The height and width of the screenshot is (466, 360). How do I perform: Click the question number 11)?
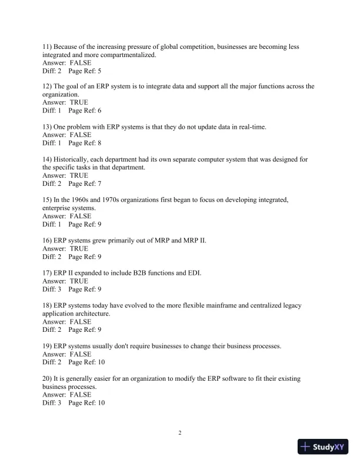coord(49,46)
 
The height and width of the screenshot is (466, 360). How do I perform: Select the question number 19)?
coord(49,346)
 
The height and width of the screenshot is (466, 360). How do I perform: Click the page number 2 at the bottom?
coord(180,434)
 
